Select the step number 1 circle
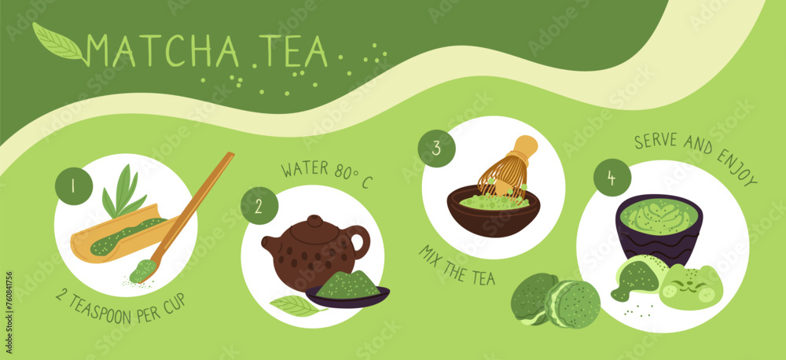pyautogui.click(x=74, y=186)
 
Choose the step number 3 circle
pyautogui.click(x=436, y=149)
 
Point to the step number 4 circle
pyautogui.click(x=612, y=178)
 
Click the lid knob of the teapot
pyautogui.click(x=315, y=221)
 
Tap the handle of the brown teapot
pyautogui.click(x=358, y=241)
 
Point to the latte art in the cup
pyautogui.click(x=658, y=216)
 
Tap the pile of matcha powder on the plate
pyautogui.click(x=348, y=284)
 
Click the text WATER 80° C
pyautogui.click(x=325, y=175)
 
